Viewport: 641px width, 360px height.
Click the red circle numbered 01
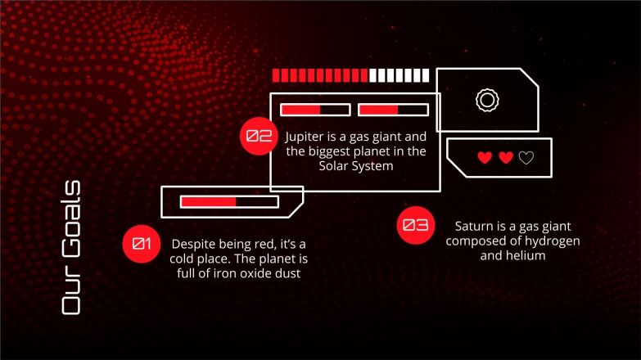(x=142, y=244)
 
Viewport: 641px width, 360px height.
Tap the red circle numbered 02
(x=259, y=136)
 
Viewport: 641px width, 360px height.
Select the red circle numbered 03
(x=415, y=225)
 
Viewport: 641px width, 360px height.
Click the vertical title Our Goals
(x=71, y=248)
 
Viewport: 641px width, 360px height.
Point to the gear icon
(x=487, y=100)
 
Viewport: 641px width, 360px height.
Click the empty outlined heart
(x=526, y=158)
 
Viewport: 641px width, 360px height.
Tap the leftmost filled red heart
(x=485, y=158)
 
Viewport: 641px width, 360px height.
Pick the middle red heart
(x=506, y=158)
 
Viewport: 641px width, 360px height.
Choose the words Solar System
(x=356, y=166)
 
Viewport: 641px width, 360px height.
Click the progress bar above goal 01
(x=229, y=202)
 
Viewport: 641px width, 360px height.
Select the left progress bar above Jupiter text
(x=315, y=110)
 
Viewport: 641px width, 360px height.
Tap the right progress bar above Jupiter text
(x=393, y=110)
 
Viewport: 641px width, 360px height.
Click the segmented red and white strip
(x=350, y=75)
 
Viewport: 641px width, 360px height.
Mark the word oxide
(x=259, y=273)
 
